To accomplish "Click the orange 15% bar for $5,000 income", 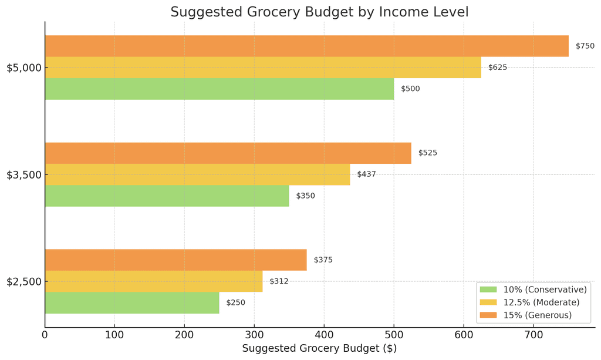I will [306, 46].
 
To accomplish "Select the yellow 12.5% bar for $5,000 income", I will [263, 68].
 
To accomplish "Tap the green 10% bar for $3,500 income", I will [167, 196].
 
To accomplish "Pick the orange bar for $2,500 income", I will [175, 260].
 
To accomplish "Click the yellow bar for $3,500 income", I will [197, 174].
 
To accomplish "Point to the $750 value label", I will [585, 46].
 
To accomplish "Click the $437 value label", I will [366, 174].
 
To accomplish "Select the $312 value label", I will [279, 281].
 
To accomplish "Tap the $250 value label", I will [235, 303].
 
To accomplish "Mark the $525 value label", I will [427, 153].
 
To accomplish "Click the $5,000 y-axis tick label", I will [23, 68].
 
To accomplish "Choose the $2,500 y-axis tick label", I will [23, 281].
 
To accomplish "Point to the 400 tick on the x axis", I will [324, 335].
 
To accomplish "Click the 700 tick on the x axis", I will [533, 335].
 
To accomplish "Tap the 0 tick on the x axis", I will [45, 335].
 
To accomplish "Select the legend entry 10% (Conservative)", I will [545, 290].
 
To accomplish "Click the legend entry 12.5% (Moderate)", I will [541, 302].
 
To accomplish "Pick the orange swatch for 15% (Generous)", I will [488, 315].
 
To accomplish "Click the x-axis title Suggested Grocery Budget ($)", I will [319, 348].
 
